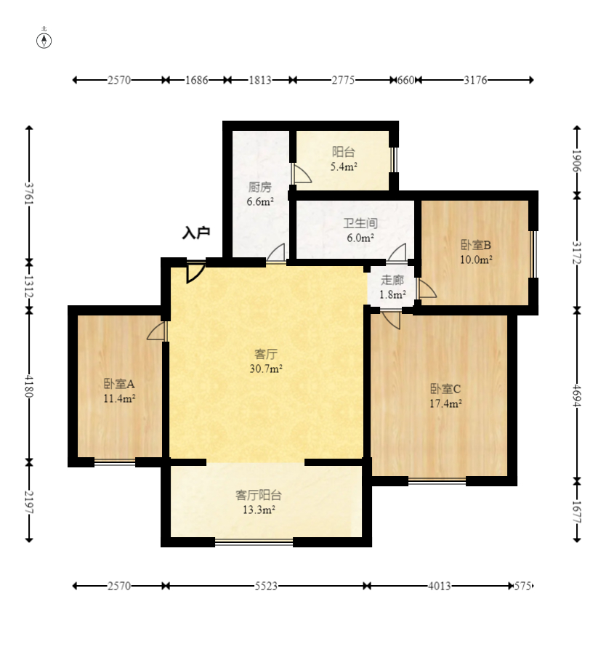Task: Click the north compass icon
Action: pos(44,41)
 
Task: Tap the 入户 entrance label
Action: pos(196,233)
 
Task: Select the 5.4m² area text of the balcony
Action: pos(344,166)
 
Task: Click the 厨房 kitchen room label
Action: pos(260,187)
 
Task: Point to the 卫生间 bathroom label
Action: pos(360,223)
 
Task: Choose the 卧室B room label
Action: pos(476,245)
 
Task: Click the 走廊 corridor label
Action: pos(392,280)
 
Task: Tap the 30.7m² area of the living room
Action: pos(266,369)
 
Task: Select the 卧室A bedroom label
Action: pos(119,384)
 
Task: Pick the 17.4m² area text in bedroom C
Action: pos(445,403)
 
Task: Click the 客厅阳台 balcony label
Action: pos(259,495)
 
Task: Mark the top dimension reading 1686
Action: pos(196,80)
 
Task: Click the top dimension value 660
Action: pos(405,80)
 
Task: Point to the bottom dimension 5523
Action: pos(266,586)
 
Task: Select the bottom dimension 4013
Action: pos(440,586)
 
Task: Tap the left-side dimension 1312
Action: pos(29,286)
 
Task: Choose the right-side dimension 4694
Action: pos(577,395)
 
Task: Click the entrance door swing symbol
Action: pos(196,273)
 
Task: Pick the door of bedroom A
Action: pos(157,331)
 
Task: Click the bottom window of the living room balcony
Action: pos(254,542)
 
